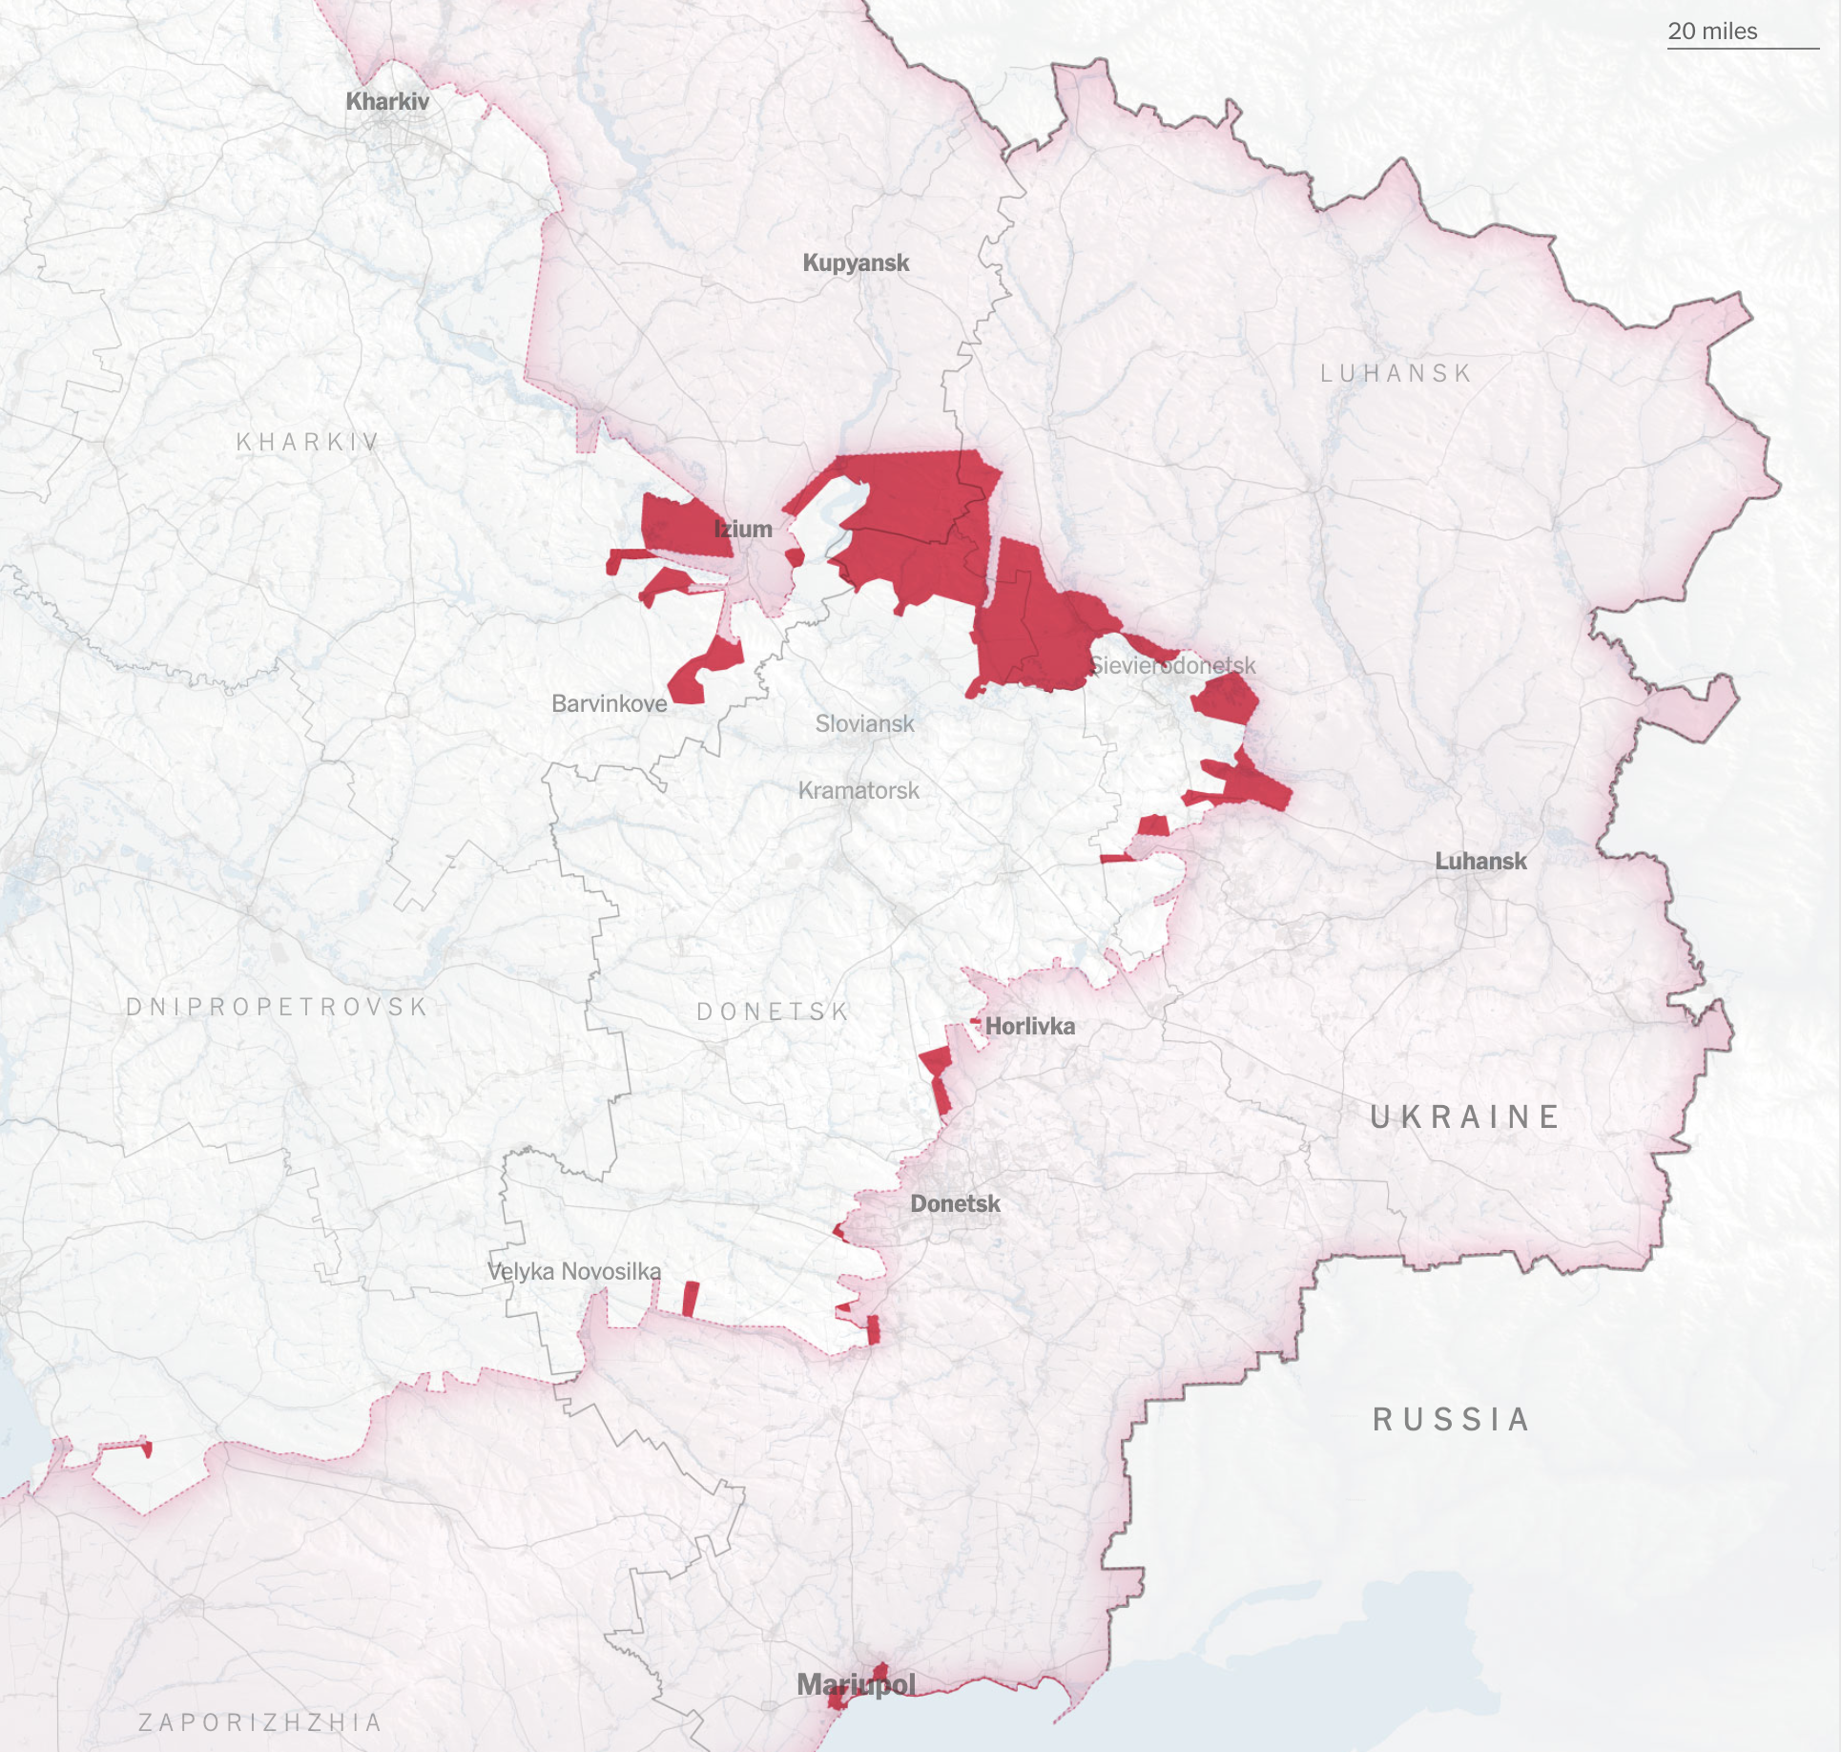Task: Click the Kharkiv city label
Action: pyautogui.click(x=387, y=101)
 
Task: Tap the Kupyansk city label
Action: pyautogui.click(x=856, y=262)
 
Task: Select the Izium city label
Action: pyautogui.click(x=743, y=529)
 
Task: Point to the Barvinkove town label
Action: pyautogui.click(x=610, y=704)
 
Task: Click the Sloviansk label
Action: pyautogui.click(x=864, y=724)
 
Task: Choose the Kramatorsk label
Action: pyautogui.click(x=858, y=791)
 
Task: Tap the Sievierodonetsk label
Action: pyautogui.click(x=1172, y=665)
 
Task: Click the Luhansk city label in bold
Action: pyautogui.click(x=1480, y=862)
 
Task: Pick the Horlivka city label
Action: pyautogui.click(x=1029, y=1027)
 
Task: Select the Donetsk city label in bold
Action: pyautogui.click(x=955, y=1204)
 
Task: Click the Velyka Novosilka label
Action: pyautogui.click(x=574, y=1272)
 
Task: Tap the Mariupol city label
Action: pyautogui.click(x=856, y=1685)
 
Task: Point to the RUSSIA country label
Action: pyautogui.click(x=1451, y=1420)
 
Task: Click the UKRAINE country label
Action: pyautogui.click(x=1465, y=1116)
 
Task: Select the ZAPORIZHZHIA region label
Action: pyautogui.click(x=260, y=1722)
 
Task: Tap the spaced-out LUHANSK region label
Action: pyautogui.click(x=1396, y=373)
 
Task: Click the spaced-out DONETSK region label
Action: pyautogui.click(x=773, y=1012)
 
